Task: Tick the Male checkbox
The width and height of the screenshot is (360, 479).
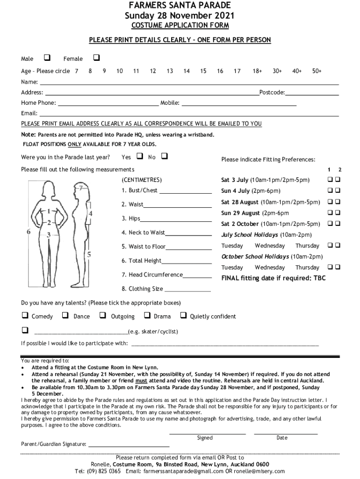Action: [x=47, y=58]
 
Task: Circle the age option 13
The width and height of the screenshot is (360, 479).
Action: [x=169, y=71]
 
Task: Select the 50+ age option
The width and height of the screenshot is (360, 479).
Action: [x=317, y=71]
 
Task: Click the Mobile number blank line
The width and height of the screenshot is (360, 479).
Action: [x=239, y=103]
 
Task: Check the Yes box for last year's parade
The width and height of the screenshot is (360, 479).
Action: [x=139, y=156]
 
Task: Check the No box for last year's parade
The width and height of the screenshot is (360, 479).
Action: [x=164, y=156]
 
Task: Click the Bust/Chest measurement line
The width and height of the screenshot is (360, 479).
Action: [x=186, y=191]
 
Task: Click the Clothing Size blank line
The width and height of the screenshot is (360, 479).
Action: [x=188, y=290]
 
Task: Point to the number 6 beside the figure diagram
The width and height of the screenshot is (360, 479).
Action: [x=29, y=231]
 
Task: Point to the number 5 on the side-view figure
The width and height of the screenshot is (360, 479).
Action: [x=89, y=254]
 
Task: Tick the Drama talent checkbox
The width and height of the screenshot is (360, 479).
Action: [x=147, y=316]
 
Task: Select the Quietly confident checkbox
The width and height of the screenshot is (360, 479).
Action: [x=183, y=316]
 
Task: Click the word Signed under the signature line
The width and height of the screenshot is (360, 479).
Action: [x=205, y=438]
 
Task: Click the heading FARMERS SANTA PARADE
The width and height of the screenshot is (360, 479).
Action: [x=180, y=6]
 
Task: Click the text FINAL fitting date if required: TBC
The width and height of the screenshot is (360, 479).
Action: [x=273, y=278]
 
